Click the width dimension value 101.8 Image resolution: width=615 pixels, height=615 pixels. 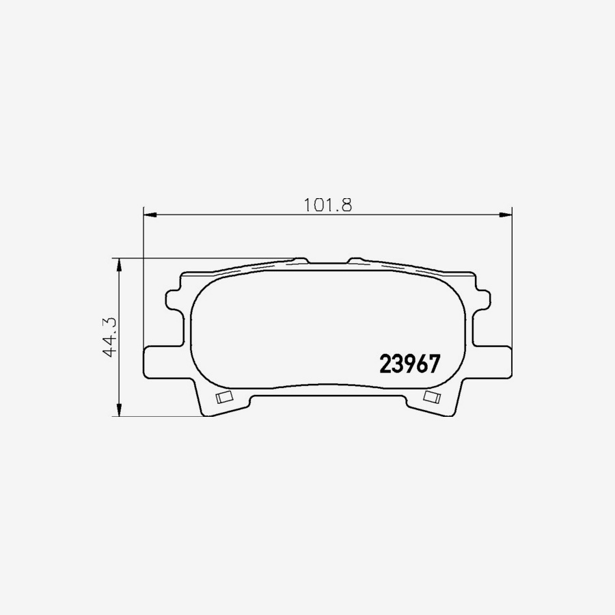(327, 204)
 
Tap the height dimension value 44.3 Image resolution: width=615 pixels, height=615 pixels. (108, 337)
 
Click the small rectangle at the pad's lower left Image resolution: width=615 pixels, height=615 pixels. (223, 398)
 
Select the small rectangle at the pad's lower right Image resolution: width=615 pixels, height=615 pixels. (432, 397)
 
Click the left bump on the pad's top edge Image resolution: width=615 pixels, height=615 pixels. (301, 260)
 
